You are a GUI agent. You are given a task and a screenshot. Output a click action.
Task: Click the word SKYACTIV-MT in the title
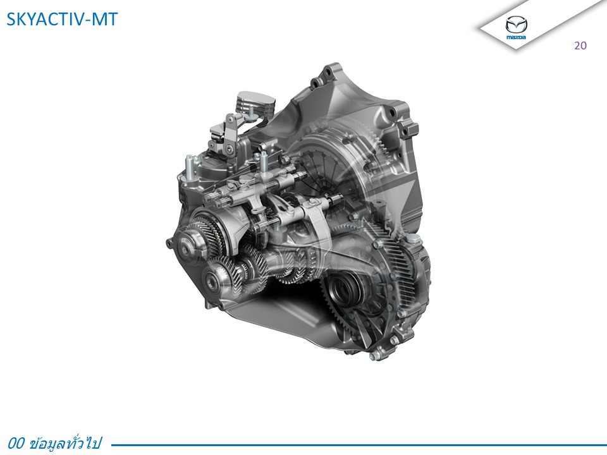[62, 20]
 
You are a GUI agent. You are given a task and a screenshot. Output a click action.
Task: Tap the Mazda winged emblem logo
[516, 25]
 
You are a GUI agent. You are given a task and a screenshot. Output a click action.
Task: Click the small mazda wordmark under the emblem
[516, 37]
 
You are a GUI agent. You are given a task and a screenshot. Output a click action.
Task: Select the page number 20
[580, 45]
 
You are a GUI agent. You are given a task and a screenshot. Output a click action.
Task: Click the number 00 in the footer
[16, 443]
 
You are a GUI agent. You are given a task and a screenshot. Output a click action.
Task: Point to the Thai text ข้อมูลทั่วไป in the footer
[65, 443]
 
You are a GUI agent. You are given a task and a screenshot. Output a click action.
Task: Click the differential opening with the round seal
[345, 289]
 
